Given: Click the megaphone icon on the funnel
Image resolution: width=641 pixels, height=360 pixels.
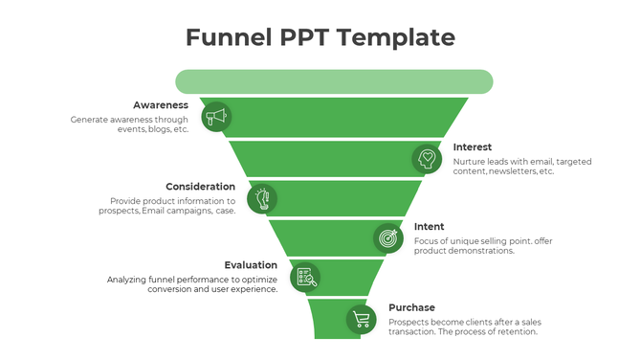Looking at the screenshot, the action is pos(216,117).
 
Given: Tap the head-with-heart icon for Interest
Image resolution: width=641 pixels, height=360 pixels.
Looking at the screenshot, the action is pos(427,158).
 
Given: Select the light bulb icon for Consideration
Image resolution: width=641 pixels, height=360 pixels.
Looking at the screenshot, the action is pos(261,198).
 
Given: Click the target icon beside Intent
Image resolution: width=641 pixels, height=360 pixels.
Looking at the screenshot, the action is pos(387,236).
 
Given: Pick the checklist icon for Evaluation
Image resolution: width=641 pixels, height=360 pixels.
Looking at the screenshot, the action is pos(304,278).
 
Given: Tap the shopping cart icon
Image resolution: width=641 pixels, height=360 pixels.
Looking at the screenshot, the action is pos(361,319).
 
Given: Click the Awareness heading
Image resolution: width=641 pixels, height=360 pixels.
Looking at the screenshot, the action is pos(161,104).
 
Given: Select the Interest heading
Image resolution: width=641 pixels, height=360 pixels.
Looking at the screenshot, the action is pos(473,146).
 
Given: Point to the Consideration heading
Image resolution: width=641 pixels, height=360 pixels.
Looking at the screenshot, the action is pos(200,186).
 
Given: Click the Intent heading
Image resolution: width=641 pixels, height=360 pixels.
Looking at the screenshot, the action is pos(429,226).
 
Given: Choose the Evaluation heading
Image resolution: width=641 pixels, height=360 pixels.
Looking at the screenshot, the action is pos(251,264).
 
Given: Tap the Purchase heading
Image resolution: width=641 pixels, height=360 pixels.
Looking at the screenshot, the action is pos(411,307).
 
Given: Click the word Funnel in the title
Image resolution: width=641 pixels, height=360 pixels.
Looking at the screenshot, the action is pos(229,37).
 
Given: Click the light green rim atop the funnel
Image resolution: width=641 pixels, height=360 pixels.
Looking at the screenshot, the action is pos(333,81).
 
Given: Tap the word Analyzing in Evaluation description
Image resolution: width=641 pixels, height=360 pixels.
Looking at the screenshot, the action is pos(127,279).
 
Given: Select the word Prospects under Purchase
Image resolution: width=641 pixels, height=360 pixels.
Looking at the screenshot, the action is pos(411,322).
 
